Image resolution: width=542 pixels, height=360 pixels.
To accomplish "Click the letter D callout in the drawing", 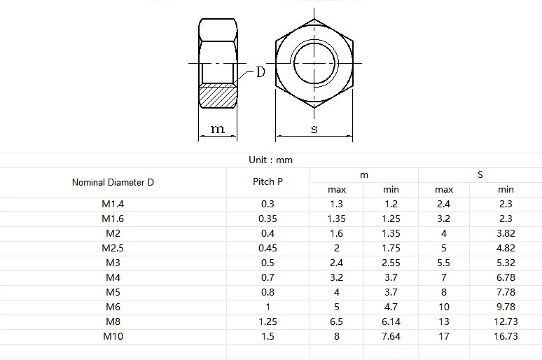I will pyautogui.click(x=260, y=72).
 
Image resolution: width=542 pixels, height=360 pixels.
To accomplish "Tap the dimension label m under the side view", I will pyautogui.click(x=218, y=130).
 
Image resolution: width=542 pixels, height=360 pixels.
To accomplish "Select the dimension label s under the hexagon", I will pyautogui.click(x=314, y=130).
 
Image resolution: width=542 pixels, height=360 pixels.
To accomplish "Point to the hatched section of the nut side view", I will pyautogui.click(x=218, y=95).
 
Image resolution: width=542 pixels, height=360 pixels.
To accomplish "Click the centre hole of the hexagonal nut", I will pyautogui.click(x=314, y=63).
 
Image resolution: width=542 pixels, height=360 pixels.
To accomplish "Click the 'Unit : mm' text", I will pyautogui.click(x=270, y=160).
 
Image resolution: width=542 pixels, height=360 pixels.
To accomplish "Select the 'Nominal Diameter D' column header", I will pyautogui.click(x=113, y=182).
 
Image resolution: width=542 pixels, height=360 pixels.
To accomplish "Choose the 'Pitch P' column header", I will pyautogui.click(x=267, y=181).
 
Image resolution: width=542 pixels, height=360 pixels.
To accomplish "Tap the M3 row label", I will pyautogui.click(x=113, y=263).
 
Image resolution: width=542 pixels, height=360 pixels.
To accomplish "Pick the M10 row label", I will pyautogui.click(x=113, y=336).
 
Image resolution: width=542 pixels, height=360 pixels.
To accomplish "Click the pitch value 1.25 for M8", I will pyautogui.click(x=267, y=321).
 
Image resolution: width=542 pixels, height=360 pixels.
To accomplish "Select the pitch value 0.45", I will pyautogui.click(x=267, y=248).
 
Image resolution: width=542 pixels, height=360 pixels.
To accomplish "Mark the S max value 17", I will pyautogui.click(x=444, y=336).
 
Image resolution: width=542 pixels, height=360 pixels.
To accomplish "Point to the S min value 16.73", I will pyautogui.click(x=506, y=336).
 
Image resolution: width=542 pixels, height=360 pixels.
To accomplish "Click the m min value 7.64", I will pyautogui.click(x=391, y=336).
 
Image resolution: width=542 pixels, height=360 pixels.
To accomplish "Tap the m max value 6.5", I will pyautogui.click(x=337, y=321).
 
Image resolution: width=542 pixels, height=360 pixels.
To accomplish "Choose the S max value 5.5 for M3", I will pyautogui.click(x=444, y=263).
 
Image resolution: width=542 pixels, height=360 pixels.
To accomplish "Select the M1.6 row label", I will pyautogui.click(x=113, y=219).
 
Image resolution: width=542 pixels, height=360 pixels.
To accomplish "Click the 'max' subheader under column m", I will pyautogui.click(x=337, y=189).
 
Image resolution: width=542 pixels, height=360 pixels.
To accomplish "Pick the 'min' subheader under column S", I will pyautogui.click(x=506, y=189).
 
